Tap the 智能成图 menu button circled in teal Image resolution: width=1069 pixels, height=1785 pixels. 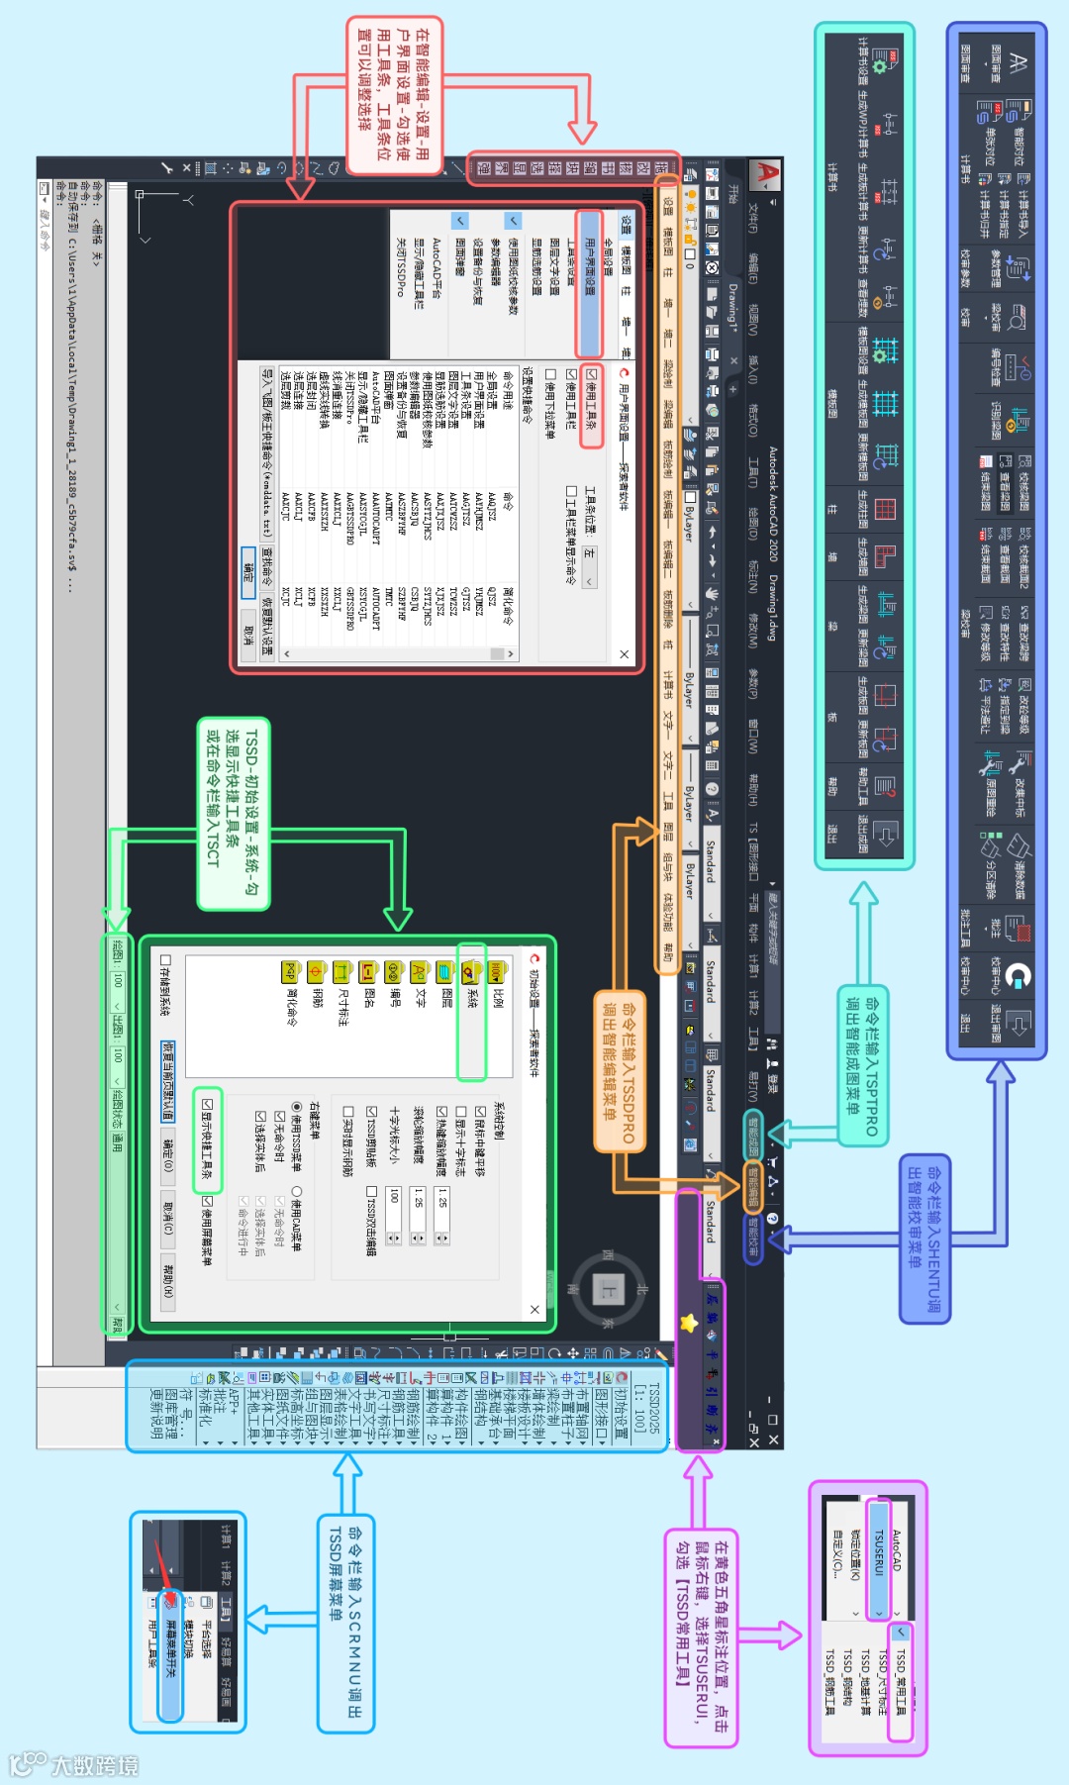tap(754, 1135)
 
